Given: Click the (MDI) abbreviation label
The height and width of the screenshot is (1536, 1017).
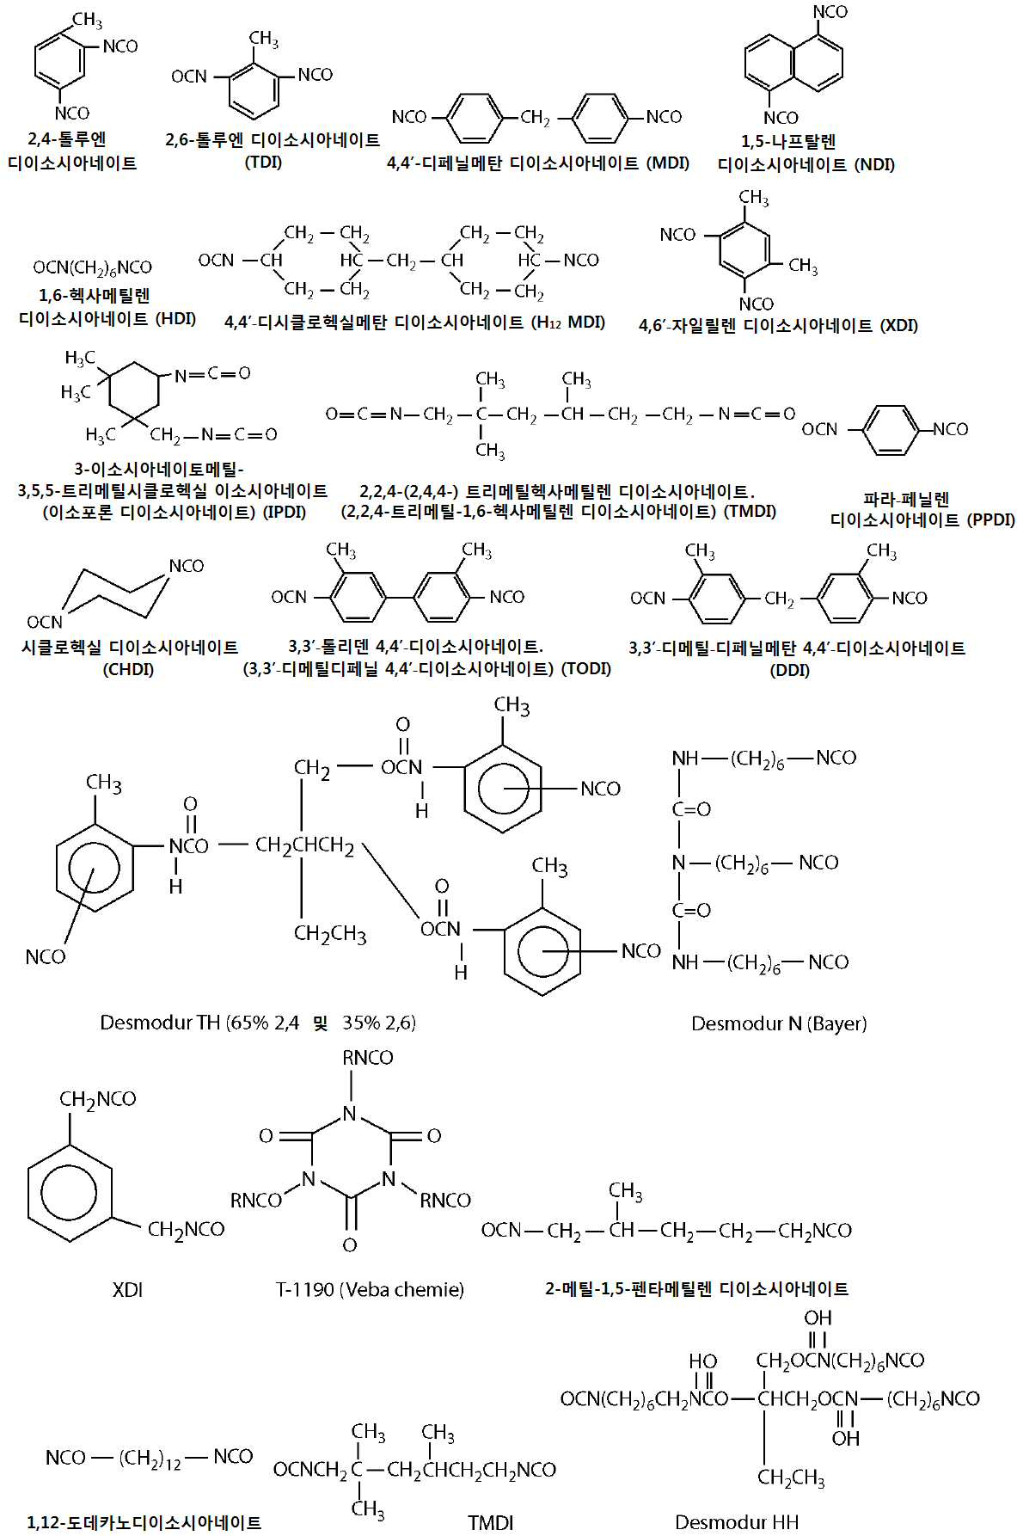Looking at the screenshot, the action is click(668, 163).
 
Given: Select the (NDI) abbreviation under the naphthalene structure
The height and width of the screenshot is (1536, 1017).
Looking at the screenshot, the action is click(874, 164).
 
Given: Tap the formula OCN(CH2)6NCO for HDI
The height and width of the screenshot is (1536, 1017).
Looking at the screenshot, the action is click(93, 268).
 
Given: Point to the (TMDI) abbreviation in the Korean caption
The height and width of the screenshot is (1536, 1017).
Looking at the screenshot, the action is click(750, 512).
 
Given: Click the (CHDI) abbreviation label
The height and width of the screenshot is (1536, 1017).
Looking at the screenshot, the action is click(128, 669).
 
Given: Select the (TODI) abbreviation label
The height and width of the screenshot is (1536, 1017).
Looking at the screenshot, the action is click(585, 668).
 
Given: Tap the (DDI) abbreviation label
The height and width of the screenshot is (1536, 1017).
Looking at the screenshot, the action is click(790, 670).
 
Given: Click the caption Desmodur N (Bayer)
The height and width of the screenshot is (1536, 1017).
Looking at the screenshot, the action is click(779, 1023).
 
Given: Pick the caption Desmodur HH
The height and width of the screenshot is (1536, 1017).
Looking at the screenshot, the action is click(737, 1521).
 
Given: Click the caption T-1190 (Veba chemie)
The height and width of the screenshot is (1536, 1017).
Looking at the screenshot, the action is click(370, 1289).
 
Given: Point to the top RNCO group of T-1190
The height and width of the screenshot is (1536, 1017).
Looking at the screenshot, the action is click(368, 1058).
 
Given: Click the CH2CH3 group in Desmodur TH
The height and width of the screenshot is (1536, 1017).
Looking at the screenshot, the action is click(330, 934).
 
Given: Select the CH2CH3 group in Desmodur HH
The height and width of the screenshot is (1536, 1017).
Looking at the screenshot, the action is click(791, 1478).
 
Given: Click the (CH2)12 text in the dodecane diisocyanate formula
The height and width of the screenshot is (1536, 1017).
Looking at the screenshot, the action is click(150, 1458).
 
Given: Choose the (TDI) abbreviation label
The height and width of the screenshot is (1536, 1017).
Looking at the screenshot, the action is click(264, 162).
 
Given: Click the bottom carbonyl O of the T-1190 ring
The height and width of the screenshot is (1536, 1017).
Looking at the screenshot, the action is click(350, 1244).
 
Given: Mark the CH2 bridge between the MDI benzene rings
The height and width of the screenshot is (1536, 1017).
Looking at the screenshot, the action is click(535, 118).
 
